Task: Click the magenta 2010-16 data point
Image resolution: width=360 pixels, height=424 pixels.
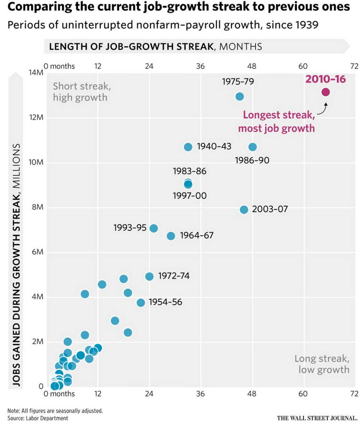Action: pos(325,92)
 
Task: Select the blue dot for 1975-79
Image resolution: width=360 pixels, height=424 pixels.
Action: pos(240,96)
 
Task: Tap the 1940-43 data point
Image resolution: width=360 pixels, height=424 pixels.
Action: pos(188,147)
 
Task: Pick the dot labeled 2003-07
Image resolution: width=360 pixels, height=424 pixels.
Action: pos(244,209)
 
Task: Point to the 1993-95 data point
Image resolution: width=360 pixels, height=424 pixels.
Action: pos(154,228)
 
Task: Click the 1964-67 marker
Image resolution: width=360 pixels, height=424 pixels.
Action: pos(171,236)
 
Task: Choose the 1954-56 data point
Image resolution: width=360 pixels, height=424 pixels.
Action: pos(141,302)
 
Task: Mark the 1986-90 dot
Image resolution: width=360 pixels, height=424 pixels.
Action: pos(252,147)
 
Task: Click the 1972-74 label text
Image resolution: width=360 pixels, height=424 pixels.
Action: pos(174,276)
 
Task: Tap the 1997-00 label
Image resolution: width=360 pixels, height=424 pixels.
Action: pos(190,195)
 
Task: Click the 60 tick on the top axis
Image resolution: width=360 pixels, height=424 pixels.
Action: pos(303,66)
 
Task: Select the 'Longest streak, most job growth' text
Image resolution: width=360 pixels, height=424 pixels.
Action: pos(276,121)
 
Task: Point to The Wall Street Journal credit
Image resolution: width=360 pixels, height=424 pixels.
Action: pos(317,418)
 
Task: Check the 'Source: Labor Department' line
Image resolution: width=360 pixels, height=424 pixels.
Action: pos(38,418)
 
